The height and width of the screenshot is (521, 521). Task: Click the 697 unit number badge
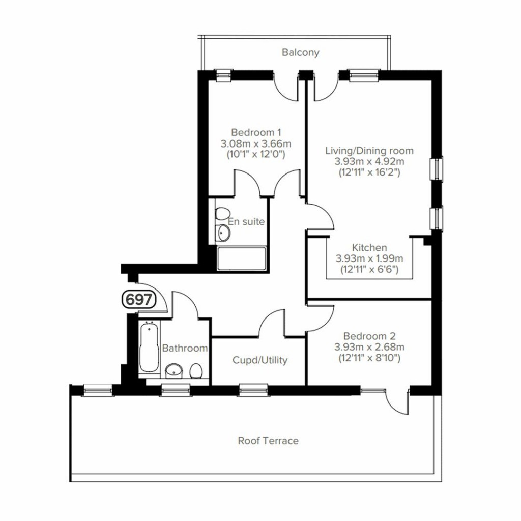137,300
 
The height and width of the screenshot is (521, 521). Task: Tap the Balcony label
301,52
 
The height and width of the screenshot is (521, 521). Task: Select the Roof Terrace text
268,441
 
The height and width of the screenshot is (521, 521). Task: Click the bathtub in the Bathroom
149,348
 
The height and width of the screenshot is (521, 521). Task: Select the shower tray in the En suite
241,258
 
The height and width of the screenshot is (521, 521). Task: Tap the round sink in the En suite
223,233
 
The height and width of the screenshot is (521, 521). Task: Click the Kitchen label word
369,248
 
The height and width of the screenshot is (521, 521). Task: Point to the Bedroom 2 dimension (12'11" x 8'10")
369,358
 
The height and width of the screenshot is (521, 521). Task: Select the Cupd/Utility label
260,360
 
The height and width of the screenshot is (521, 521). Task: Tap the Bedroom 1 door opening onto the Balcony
286,88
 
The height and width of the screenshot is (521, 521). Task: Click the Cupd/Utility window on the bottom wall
254,390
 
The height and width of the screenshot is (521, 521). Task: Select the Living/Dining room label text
369,151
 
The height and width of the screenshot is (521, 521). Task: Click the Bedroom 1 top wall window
224,76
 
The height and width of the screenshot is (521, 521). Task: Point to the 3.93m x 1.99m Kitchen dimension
369,258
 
